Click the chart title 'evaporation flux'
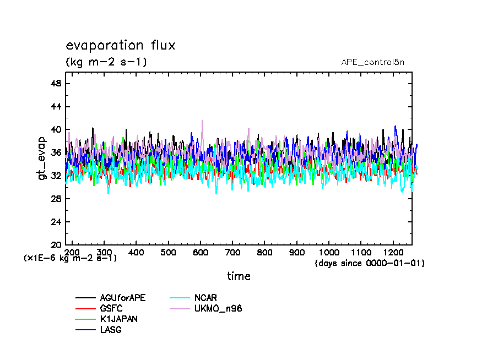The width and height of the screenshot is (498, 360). tap(120, 46)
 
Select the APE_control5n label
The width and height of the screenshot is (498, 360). tap(372, 62)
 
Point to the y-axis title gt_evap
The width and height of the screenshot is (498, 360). tap(42, 158)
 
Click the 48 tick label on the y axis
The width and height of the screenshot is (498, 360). tap(56, 84)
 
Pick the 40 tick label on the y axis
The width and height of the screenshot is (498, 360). tap(56, 130)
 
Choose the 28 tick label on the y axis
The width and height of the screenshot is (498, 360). tap(56, 199)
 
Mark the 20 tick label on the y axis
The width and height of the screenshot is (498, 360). tap(56, 245)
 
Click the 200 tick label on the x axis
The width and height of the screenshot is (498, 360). tap(72, 252)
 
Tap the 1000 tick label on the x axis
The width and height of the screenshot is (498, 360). tap(329, 252)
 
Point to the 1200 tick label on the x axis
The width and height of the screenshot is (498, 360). tap(393, 252)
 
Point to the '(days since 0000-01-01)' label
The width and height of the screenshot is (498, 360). tap(369, 263)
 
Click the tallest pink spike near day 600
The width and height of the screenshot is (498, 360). tap(202, 121)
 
